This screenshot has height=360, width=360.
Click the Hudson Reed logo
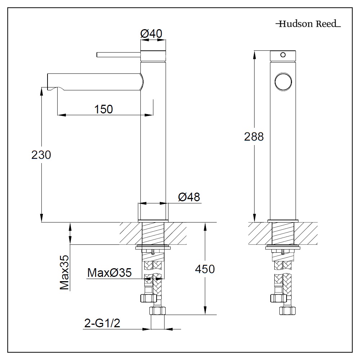308,24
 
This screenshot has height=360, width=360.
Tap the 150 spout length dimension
103,109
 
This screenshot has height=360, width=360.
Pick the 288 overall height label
254,137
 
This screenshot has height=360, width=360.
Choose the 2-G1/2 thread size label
102,324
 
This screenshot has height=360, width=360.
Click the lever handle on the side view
118,55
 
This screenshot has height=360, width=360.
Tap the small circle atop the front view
283,55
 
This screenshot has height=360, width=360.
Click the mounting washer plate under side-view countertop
153,247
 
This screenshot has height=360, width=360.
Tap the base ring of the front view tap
283,220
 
